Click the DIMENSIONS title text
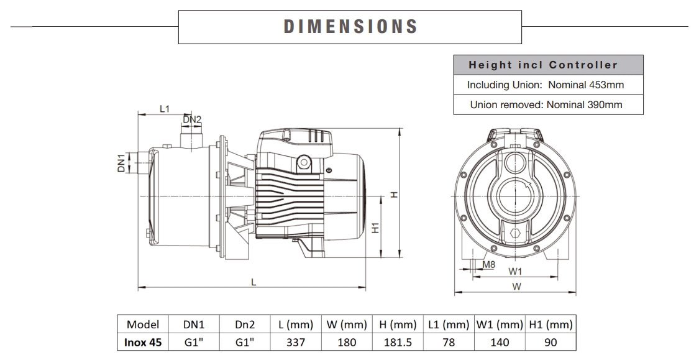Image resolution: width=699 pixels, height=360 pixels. point(350,26)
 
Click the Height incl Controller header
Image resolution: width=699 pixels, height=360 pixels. point(543,65)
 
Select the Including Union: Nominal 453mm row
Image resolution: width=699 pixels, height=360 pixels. point(546,85)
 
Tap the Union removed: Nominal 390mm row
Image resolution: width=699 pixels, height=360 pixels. point(546,104)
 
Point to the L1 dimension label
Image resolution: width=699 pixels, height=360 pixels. point(165,109)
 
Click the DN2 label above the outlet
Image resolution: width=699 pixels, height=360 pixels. point(192,119)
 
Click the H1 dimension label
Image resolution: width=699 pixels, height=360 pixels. point(376,228)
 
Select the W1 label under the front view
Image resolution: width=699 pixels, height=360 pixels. point(515,271)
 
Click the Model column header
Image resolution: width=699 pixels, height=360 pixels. point(143,325)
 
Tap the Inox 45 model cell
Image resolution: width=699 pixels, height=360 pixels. point(143,342)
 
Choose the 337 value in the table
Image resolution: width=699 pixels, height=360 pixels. point(295,342)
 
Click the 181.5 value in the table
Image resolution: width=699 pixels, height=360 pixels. point(398,342)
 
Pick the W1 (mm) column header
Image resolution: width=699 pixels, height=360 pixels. point(500,325)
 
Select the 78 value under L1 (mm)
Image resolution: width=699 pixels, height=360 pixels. point(449,342)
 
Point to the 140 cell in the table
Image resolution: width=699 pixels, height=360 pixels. point(500,342)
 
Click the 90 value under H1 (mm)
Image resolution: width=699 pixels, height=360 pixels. point(550,342)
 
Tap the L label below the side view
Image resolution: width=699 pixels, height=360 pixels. point(254,282)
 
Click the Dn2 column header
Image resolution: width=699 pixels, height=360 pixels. point(245,325)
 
